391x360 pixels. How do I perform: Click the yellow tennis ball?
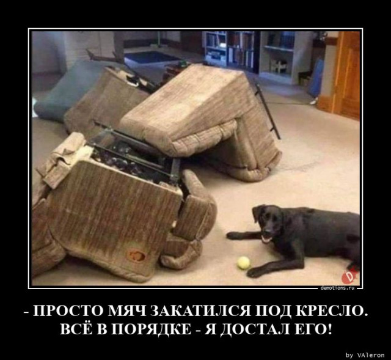[x=243, y=263]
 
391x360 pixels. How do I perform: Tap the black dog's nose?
[x=268, y=229]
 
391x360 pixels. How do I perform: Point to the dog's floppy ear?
[x=257, y=214]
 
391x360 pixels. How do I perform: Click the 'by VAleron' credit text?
[x=365, y=354]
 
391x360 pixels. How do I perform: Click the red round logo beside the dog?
[x=348, y=277]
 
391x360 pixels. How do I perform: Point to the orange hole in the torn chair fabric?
[x=137, y=256]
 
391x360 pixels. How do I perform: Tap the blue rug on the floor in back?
[x=152, y=57]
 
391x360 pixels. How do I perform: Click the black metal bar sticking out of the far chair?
[x=268, y=111]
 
